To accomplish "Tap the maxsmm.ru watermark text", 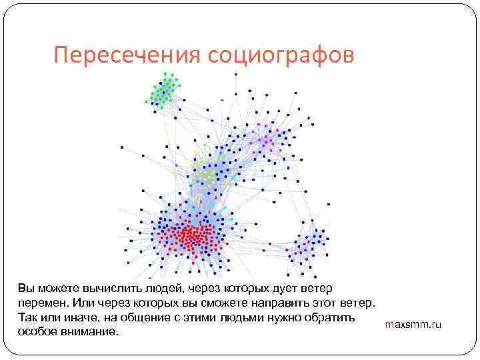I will point(413,325).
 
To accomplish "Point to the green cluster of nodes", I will point(163,91).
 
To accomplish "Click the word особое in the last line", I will point(39,331).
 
